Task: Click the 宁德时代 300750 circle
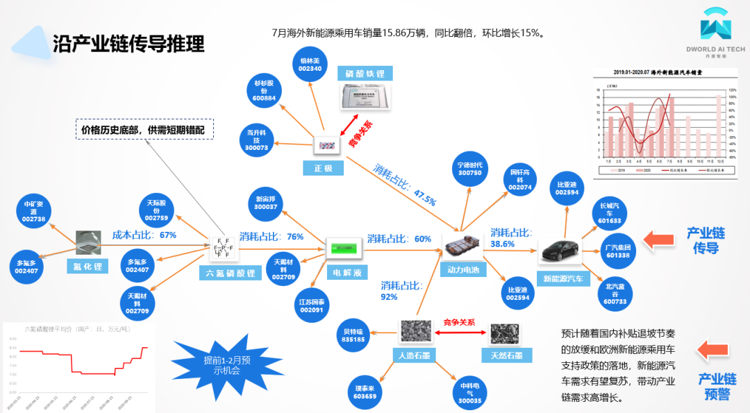point(469,169)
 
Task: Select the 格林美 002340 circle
point(310,65)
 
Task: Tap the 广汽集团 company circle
point(618,251)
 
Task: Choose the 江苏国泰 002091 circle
point(310,306)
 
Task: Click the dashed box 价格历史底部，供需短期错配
point(144,130)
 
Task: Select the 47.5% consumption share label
point(405,185)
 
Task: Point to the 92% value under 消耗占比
point(389,297)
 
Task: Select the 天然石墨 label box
point(506,355)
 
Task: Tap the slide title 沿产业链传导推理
point(128,43)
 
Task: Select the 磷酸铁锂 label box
point(365,74)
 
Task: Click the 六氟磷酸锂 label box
point(231,273)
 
